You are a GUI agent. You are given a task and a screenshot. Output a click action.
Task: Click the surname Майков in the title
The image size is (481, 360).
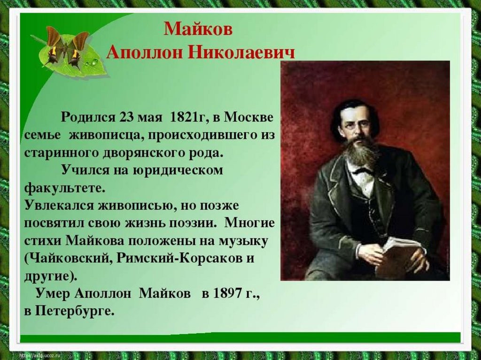198,29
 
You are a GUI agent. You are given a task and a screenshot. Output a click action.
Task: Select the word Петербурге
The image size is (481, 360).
75,312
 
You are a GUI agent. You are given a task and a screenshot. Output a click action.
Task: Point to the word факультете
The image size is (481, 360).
64,188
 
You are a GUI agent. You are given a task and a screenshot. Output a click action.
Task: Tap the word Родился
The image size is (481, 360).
88,117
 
